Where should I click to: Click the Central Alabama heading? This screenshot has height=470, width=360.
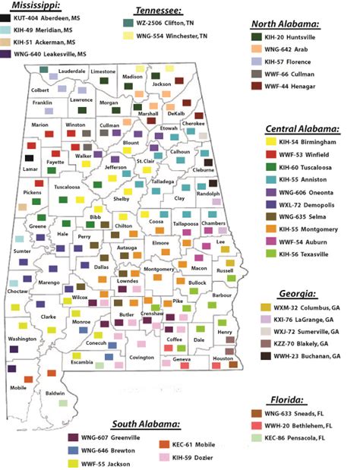coord(302,128)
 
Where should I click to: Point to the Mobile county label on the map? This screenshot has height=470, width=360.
coord(19,387)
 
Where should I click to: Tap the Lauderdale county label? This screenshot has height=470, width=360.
coord(72,69)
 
